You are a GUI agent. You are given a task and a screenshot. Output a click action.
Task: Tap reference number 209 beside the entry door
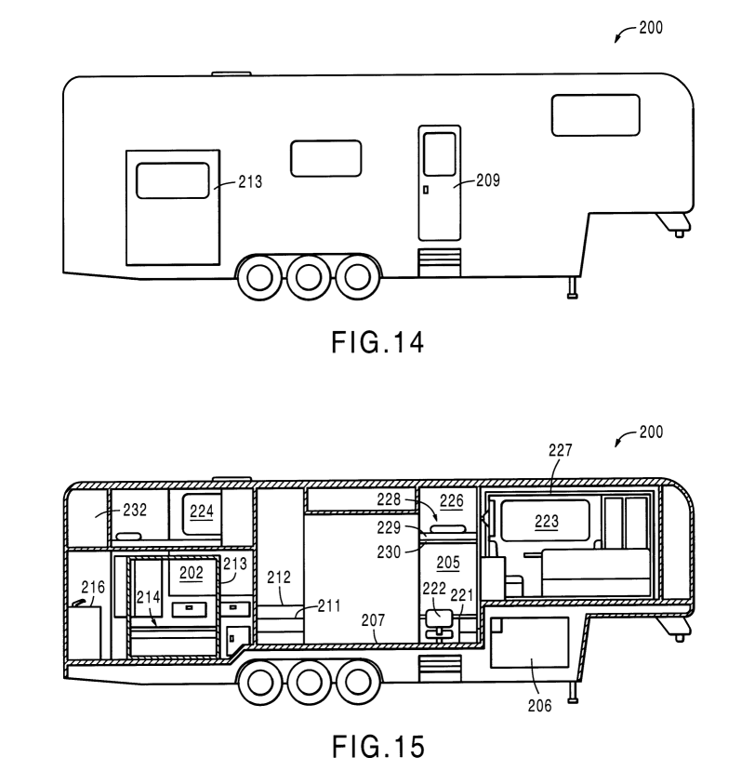click(486, 181)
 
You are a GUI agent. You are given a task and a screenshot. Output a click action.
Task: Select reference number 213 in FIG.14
click(248, 182)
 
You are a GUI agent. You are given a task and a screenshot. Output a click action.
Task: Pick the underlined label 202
click(191, 574)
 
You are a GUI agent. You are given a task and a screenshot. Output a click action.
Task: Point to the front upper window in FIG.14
click(595, 113)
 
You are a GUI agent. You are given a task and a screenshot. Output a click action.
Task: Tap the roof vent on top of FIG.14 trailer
click(231, 73)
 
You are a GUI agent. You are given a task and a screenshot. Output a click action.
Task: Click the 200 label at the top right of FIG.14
click(651, 29)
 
